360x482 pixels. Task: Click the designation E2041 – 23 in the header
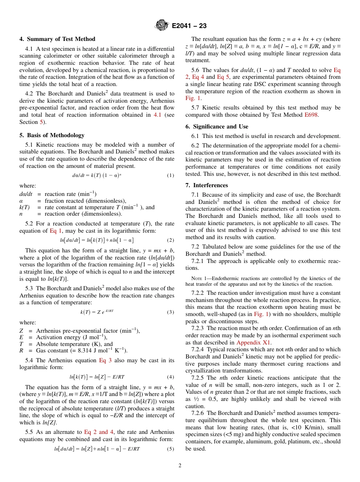[x=189, y=26]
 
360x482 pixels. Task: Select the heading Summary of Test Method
[x=61, y=39]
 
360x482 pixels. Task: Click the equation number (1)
[x=171, y=175]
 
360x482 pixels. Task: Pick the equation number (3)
[x=171, y=312]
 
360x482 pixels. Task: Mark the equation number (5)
[x=171, y=449]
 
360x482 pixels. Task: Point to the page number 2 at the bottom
[x=180, y=465]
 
